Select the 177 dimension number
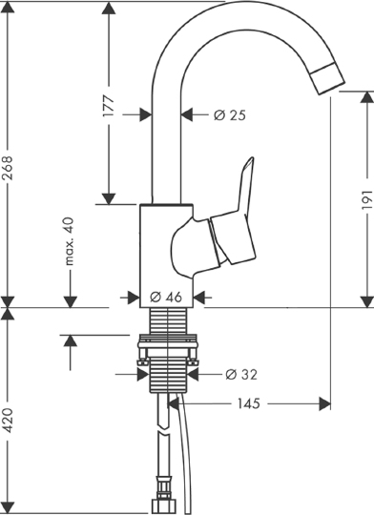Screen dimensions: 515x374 coord(110,105)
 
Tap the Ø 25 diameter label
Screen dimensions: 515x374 coord(230,114)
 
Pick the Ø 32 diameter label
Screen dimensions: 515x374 coord(241,373)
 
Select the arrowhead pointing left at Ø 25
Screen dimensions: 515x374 coord(187,114)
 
